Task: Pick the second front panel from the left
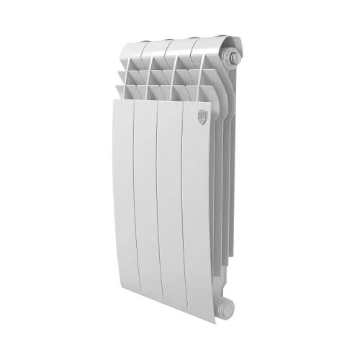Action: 148,209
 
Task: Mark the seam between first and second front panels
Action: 135,209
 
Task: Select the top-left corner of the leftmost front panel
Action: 114,101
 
